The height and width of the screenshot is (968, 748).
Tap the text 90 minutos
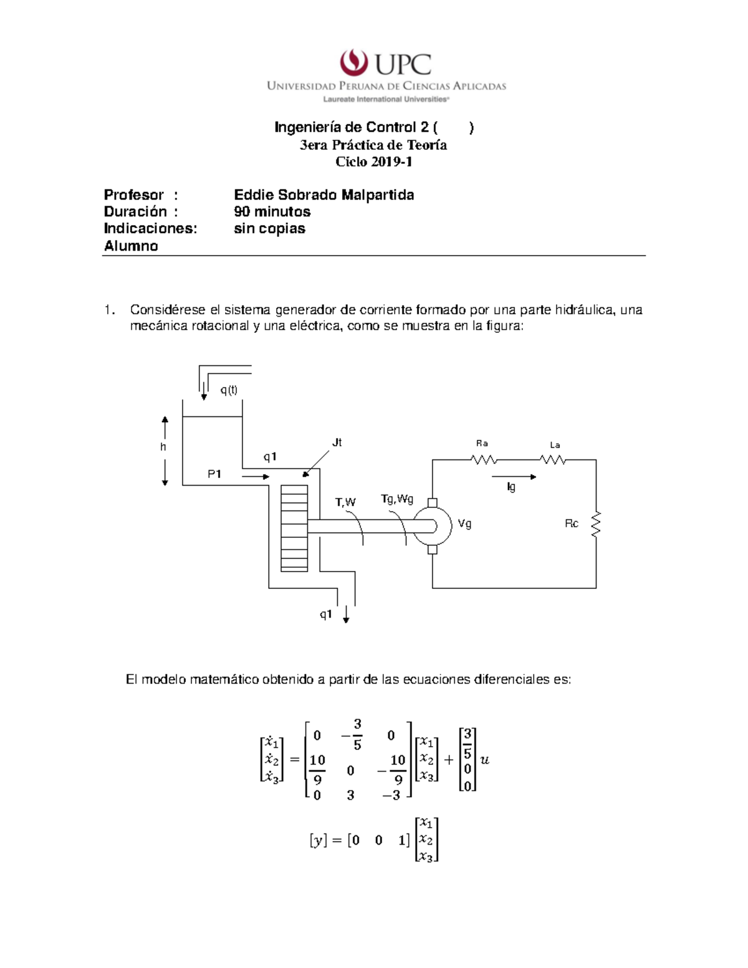coord(272,212)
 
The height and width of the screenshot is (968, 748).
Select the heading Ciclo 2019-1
coord(374,162)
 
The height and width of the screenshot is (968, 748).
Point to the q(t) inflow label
coord(229,390)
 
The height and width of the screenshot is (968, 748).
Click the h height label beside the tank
coord(163,447)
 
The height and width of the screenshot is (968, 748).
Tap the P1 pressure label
coord(214,474)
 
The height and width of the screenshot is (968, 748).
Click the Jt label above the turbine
coord(337,443)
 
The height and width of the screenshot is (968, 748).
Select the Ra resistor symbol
coord(483,460)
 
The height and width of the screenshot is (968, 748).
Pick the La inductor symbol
coord(553,460)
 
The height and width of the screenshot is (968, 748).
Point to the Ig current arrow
coord(514,477)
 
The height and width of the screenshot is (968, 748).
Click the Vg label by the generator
coord(464,524)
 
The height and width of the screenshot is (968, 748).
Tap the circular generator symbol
coord(433,525)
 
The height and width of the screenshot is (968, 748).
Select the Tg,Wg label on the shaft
coord(397,499)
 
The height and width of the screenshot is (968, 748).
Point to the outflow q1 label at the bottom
coord(325,614)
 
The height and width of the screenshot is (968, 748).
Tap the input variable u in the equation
coord(485,760)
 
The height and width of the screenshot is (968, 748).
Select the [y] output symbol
coord(318,841)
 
